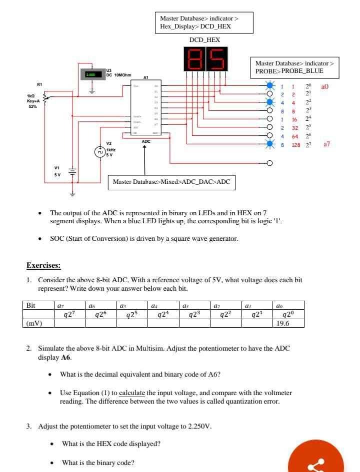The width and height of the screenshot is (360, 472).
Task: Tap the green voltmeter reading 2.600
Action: [90, 74]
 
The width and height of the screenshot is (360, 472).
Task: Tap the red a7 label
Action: [327, 144]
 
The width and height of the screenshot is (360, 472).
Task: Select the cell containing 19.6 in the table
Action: [282, 323]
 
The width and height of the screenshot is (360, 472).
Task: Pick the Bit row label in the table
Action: [31, 305]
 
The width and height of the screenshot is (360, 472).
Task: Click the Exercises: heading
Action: [43, 265]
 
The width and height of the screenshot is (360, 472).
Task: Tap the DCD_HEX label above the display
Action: [204, 39]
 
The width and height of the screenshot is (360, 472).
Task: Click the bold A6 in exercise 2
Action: [64, 358]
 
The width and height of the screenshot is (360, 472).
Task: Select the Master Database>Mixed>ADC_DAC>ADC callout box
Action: [171, 182]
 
